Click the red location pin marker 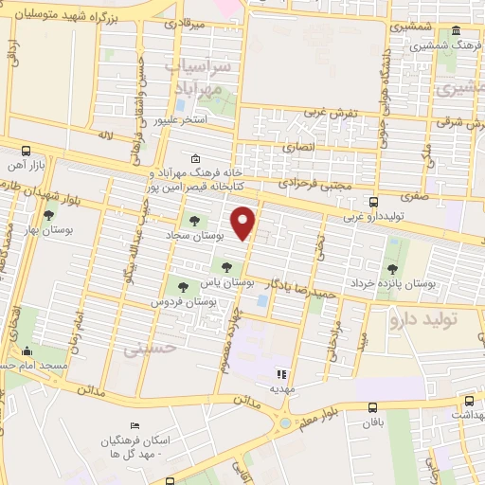click(x=244, y=222)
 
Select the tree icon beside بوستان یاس click(x=225, y=265)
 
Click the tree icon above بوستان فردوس click(x=183, y=285)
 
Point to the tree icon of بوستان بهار click(x=48, y=216)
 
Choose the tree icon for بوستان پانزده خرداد click(x=392, y=243)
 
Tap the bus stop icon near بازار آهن click(x=26, y=151)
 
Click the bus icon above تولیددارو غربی click(x=374, y=202)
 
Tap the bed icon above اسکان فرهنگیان click(x=135, y=426)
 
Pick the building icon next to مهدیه click(x=281, y=373)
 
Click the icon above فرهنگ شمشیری click(x=457, y=29)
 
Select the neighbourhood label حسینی click(x=152, y=349)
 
